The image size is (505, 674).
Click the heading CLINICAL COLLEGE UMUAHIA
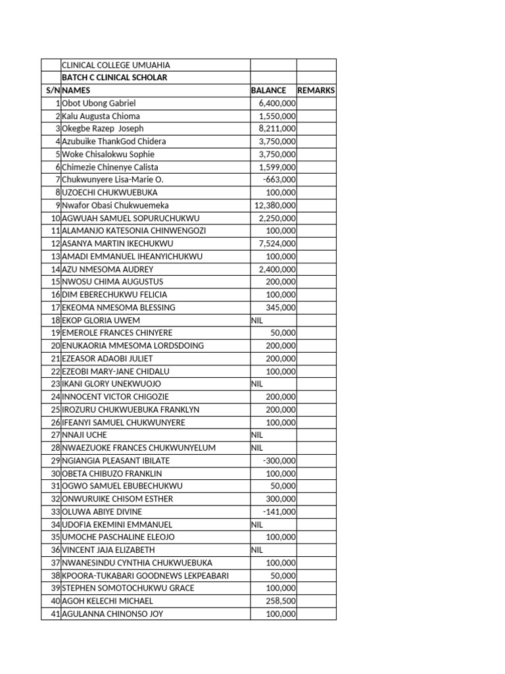(x=116, y=65)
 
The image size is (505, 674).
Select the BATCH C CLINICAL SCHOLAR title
(x=114, y=78)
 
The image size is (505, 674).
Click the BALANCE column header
(x=268, y=90)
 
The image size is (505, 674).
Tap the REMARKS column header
(x=316, y=90)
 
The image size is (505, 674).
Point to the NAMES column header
(x=76, y=90)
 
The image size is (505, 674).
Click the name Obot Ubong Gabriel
(x=99, y=103)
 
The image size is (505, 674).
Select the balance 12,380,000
(x=275, y=205)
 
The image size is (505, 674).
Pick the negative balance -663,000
(x=279, y=180)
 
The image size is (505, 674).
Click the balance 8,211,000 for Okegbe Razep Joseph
(x=277, y=129)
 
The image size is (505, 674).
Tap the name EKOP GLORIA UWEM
(x=101, y=321)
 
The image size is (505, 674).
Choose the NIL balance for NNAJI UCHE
(x=257, y=435)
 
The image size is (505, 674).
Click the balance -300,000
(x=279, y=461)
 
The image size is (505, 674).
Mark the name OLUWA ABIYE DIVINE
(x=102, y=511)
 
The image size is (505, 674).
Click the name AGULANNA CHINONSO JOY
(x=112, y=614)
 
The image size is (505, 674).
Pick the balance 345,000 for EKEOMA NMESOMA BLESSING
(x=281, y=307)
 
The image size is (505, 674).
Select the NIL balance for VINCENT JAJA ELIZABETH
(x=257, y=550)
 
